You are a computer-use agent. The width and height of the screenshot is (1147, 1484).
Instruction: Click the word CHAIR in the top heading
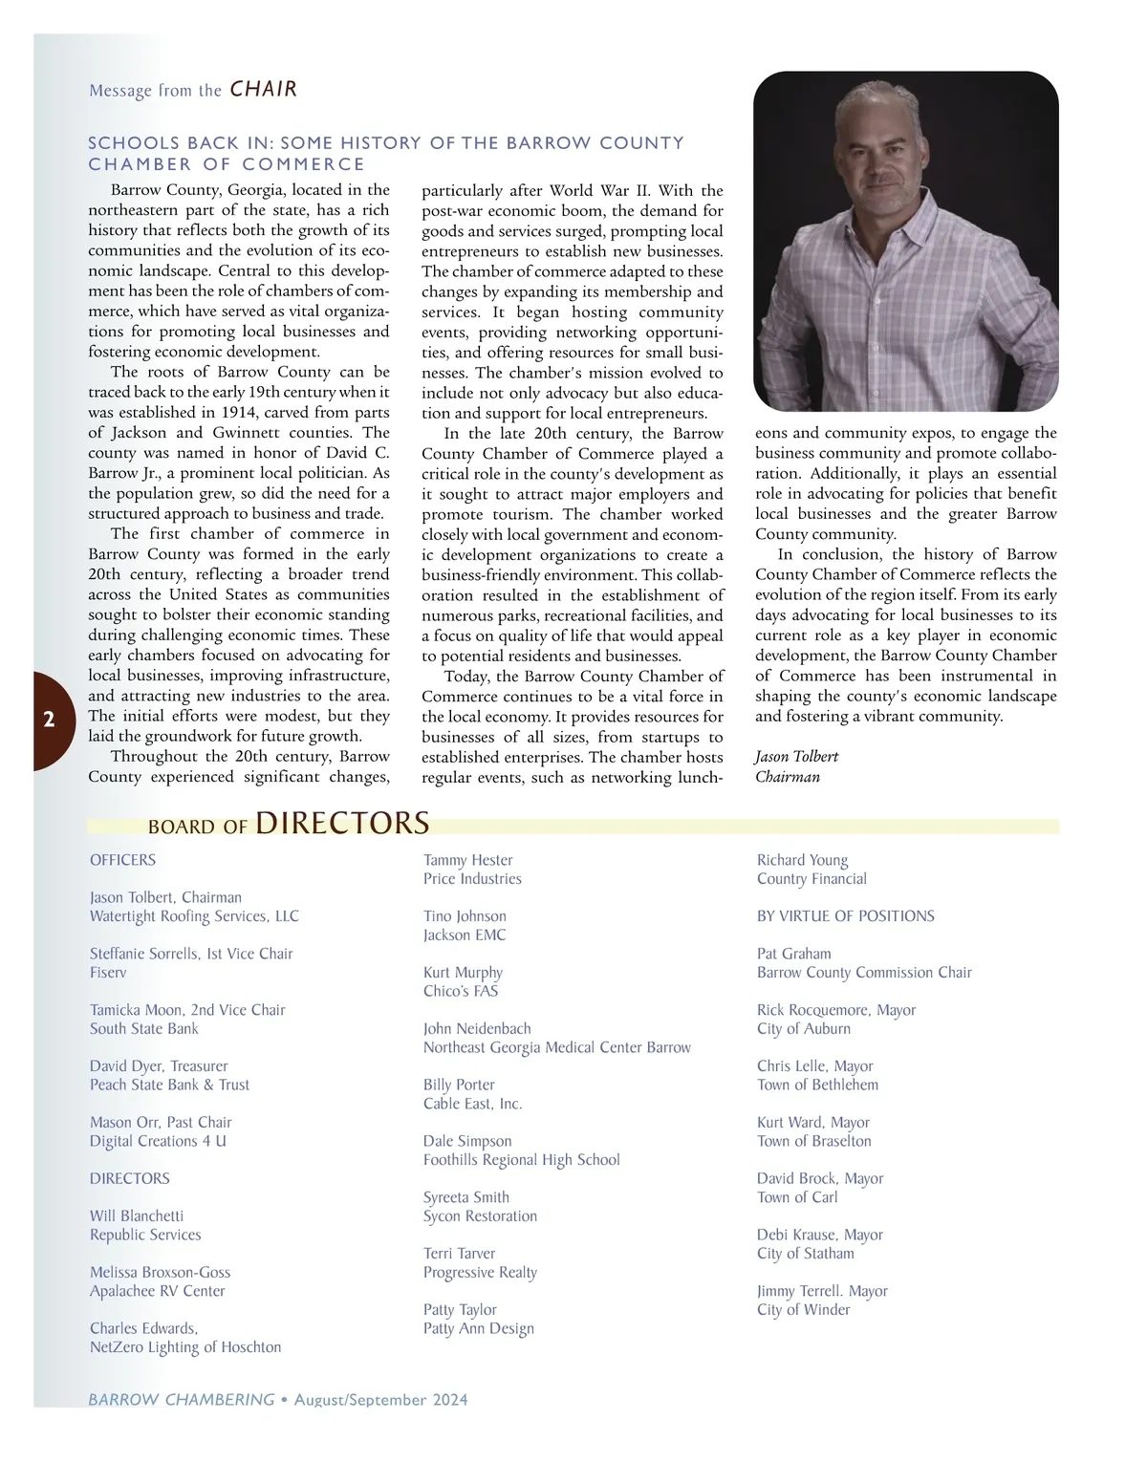coord(264,90)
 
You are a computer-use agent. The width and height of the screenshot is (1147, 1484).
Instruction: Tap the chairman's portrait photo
coord(905,242)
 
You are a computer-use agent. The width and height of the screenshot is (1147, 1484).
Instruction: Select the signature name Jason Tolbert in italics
coord(796,757)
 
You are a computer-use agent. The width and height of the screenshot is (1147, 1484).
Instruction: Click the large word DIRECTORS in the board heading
coord(342,823)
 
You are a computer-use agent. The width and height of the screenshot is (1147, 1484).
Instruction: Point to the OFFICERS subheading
coord(122,860)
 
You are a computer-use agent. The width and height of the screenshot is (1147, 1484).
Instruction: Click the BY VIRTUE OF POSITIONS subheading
coord(845,916)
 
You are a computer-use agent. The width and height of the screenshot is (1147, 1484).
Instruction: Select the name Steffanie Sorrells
coord(145,954)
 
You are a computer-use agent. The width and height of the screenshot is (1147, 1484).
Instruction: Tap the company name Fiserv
coord(108,973)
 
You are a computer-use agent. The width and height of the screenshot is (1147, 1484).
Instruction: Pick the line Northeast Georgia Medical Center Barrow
coord(556,1047)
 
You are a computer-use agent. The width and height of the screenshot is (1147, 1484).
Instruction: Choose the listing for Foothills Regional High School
coord(521,1160)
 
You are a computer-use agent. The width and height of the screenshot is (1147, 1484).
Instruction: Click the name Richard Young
coord(802,860)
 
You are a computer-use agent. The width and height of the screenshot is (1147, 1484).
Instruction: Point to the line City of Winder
coord(803,1310)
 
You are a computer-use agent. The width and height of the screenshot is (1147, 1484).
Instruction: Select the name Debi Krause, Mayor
coord(819,1235)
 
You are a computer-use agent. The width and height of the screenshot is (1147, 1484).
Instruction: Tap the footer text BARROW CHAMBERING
coord(182,1400)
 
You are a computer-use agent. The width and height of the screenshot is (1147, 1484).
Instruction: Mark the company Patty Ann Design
coord(478,1328)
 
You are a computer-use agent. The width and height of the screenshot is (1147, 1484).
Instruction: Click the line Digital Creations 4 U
coord(158,1141)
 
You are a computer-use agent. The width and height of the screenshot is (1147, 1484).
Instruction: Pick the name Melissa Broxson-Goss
coord(160,1272)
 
